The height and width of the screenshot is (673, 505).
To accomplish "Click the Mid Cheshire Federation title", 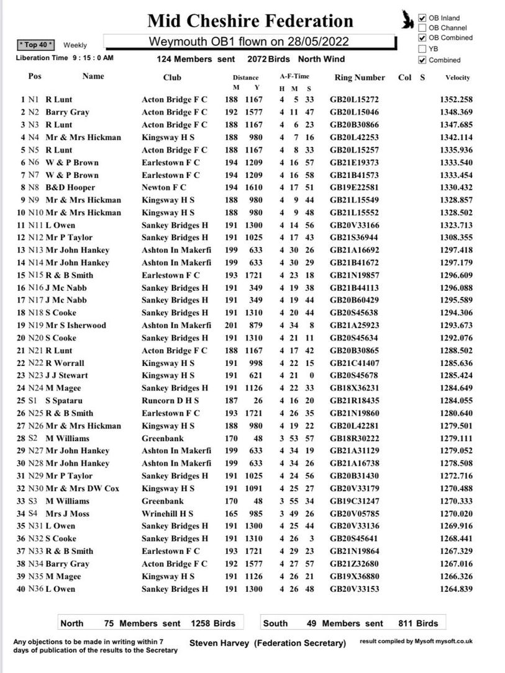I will pyautogui.click(x=250, y=21).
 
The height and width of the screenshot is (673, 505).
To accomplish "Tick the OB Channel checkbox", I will pyautogui.click(x=422, y=28).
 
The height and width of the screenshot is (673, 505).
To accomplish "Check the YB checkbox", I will pyautogui.click(x=422, y=48).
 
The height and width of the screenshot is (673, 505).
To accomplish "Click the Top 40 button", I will pyautogui.click(x=36, y=45).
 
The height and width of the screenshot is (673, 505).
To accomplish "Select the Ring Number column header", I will pyautogui.click(x=360, y=78).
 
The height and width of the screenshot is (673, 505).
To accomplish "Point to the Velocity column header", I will pyautogui.click(x=457, y=78).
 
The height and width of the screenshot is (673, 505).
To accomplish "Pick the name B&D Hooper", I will pyautogui.click(x=70, y=187).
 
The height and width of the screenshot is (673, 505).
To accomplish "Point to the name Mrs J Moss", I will pyautogui.click(x=67, y=514).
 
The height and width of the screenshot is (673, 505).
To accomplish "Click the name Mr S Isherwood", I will pyautogui.click(x=75, y=325).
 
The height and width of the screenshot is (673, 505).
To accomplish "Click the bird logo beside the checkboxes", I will pyautogui.click(x=407, y=21).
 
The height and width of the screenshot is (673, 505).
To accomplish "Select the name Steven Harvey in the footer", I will pyautogui.click(x=219, y=643).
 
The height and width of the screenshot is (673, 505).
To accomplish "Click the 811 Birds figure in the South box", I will pyautogui.click(x=418, y=623).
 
